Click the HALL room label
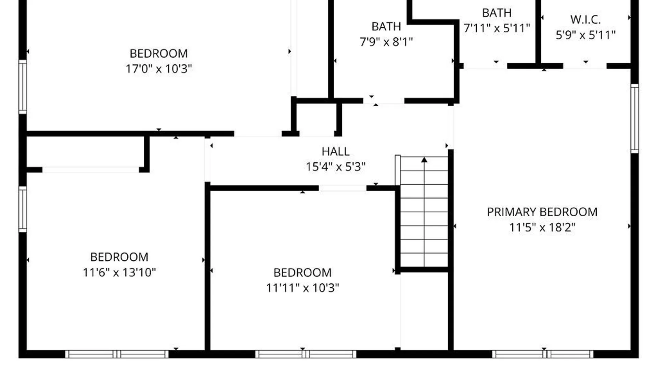[x=335, y=151]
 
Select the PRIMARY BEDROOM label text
[x=542, y=212]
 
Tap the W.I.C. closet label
[x=585, y=19]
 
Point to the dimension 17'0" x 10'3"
[x=158, y=69]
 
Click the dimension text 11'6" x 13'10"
[x=119, y=272]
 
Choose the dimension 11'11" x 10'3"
[x=302, y=288]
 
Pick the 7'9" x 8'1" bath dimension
[x=386, y=42]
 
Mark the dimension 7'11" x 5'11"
[x=497, y=28]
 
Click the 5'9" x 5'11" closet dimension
[x=585, y=35]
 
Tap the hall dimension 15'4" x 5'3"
[x=335, y=167]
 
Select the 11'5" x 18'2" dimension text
[x=542, y=227]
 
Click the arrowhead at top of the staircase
[x=424, y=160]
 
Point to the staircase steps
[x=424, y=219]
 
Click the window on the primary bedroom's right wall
[x=634, y=118]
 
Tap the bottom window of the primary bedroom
[x=543, y=354]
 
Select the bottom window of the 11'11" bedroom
[x=306, y=354]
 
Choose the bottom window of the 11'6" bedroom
[x=117, y=354]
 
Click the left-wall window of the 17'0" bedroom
[x=23, y=87]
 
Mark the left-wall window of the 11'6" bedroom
[x=23, y=209]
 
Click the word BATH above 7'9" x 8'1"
[x=386, y=26]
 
